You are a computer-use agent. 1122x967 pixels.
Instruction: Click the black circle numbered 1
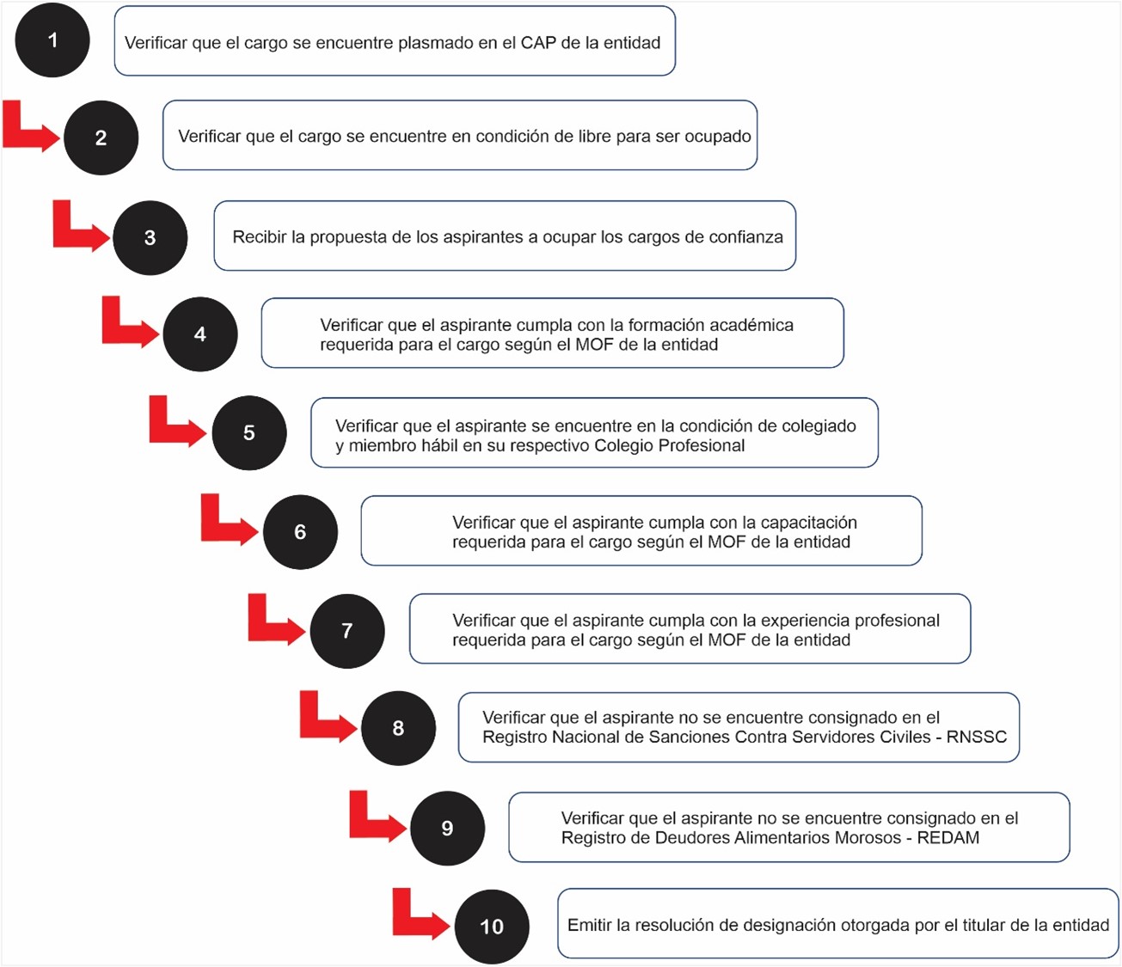point(52,40)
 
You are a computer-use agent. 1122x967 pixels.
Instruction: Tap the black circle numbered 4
point(199,334)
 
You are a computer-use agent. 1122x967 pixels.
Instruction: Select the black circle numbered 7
point(346,631)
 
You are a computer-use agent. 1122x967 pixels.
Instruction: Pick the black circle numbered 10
point(491,927)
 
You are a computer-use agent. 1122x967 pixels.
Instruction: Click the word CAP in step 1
point(538,43)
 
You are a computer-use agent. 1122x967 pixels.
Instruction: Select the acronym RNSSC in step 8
point(977,737)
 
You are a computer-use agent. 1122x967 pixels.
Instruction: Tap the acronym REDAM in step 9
point(948,837)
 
